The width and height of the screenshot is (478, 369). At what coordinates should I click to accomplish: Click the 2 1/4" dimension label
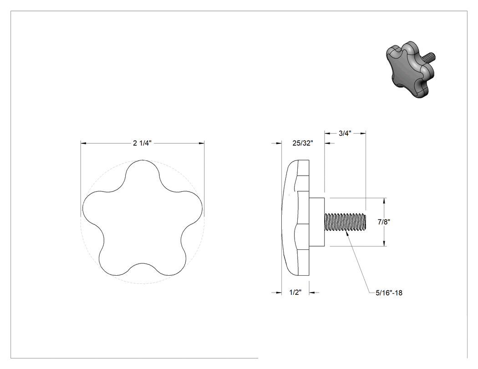coord(142,143)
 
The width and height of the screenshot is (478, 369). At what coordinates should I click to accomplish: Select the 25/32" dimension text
coord(303,143)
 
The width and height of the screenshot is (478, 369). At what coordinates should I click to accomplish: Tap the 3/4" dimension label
coord(345,133)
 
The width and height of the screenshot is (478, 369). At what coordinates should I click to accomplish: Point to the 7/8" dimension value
coord(384,222)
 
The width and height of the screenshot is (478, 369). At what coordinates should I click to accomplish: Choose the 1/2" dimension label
coord(295,293)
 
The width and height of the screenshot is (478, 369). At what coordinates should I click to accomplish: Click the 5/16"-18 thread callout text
coord(389,293)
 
